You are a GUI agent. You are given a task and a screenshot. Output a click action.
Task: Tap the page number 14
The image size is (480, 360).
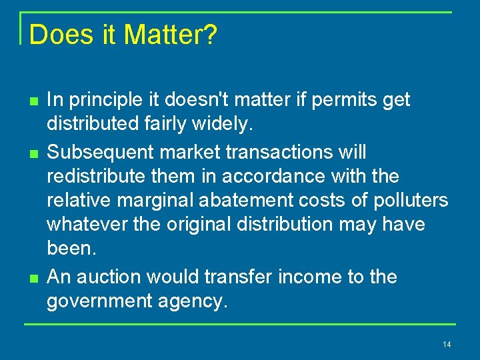click(446, 344)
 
